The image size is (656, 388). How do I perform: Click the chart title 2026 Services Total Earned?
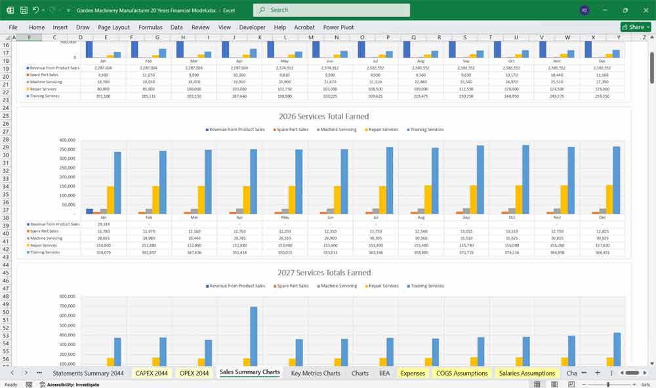[323, 117]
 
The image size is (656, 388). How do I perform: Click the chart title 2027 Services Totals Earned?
[323, 273]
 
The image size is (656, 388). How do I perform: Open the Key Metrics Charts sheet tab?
[316, 373]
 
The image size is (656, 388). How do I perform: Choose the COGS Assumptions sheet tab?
[462, 373]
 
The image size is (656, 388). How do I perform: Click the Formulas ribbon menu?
[150, 28]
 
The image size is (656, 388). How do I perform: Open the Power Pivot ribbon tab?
[338, 28]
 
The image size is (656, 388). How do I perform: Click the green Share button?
[635, 27]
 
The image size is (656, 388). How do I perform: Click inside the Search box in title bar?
[331, 10]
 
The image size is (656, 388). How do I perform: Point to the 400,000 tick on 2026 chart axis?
[68, 140]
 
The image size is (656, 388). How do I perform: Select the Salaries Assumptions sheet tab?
[527, 373]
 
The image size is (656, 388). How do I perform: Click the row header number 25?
[6, 116]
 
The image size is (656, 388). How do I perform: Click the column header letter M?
[310, 37]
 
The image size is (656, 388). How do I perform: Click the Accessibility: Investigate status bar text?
[69, 385]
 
